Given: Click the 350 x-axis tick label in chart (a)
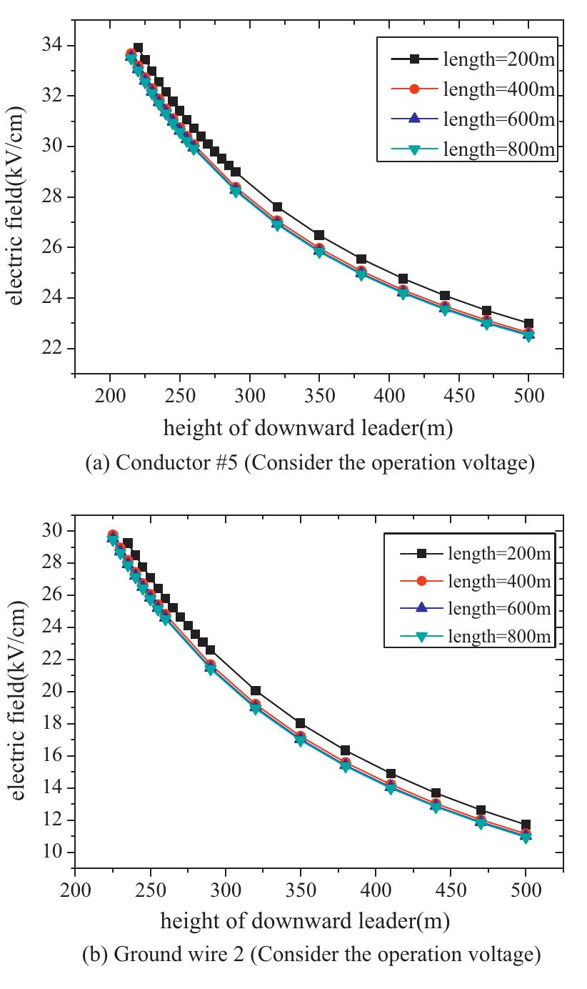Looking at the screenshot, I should (x=319, y=396).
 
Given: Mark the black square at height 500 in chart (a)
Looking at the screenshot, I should (x=528, y=324).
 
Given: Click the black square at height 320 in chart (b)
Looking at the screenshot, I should (x=256, y=691).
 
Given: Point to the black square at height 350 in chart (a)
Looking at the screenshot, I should (x=319, y=235).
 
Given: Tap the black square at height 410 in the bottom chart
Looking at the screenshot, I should (x=391, y=774).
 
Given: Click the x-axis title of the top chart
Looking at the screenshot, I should (x=308, y=428).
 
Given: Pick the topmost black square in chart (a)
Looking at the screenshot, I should (x=138, y=48).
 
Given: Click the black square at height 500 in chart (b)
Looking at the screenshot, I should (x=526, y=825).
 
